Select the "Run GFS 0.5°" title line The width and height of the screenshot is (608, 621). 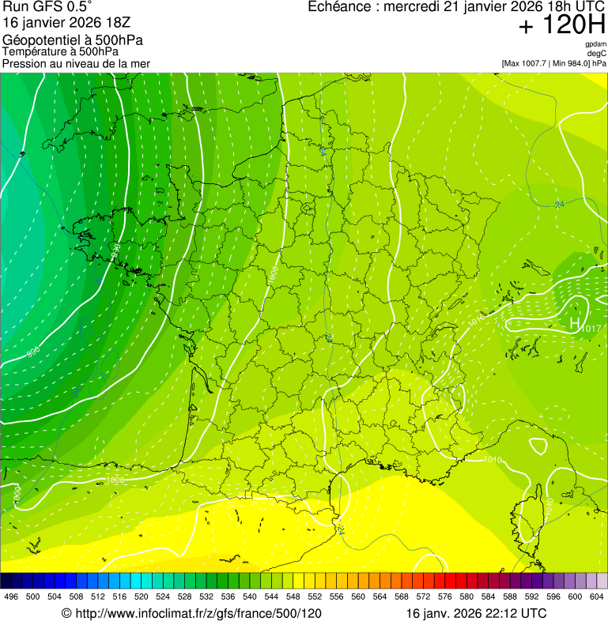pos(47,7)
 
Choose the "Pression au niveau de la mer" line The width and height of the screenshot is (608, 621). pos(76,63)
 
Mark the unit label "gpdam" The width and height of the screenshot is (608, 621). pos(595,44)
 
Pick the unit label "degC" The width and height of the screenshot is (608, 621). pos(597,54)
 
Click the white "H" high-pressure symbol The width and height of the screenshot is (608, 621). pos(575,323)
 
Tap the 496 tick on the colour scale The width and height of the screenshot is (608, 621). pos(11,597)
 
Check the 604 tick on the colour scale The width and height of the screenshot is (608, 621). pos(596,597)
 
